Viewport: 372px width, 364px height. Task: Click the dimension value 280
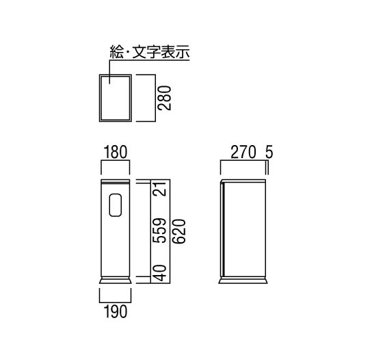[165, 98]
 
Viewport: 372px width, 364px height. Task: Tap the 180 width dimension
[116, 152]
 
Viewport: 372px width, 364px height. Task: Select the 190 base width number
[116, 311]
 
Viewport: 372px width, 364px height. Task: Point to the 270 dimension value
[243, 152]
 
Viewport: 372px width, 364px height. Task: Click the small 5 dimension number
[269, 152]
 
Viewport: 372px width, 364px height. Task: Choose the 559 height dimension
[159, 231]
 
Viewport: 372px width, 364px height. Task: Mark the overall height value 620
[178, 231]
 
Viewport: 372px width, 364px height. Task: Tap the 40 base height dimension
[159, 273]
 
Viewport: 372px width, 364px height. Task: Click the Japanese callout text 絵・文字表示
[150, 52]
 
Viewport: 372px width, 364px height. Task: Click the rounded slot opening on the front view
[116, 205]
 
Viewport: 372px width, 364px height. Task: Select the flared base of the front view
[116, 280]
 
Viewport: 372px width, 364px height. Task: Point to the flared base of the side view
[243, 280]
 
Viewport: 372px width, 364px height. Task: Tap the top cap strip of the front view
[116, 181]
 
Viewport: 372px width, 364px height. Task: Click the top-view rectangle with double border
[99, 98]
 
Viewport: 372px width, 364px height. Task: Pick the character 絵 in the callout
[117, 52]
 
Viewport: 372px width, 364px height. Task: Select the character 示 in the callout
[183, 52]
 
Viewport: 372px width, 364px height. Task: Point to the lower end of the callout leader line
[109, 83]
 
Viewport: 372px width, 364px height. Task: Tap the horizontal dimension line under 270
[243, 161]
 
